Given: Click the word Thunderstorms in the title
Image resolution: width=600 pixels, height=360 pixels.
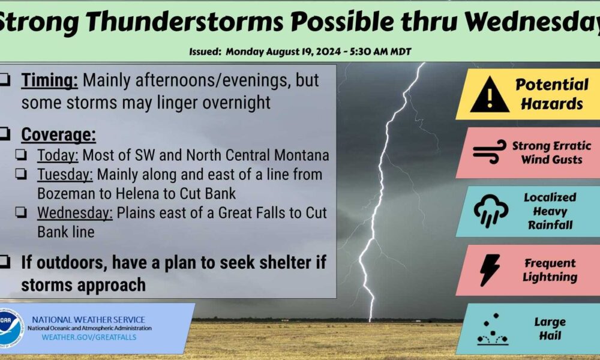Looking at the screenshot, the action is [x=184, y=22].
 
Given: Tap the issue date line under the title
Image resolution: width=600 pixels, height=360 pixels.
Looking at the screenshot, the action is [x=300, y=52].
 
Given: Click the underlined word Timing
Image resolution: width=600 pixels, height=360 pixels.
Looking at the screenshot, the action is [x=49, y=80].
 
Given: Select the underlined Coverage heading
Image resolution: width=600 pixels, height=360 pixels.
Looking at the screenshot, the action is [x=58, y=134].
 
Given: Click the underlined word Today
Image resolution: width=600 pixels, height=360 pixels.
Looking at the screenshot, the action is [x=58, y=155].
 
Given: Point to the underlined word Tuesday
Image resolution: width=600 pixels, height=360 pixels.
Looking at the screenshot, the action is [x=65, y=175].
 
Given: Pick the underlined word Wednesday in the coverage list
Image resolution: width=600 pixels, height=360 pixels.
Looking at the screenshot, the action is [x=75, y=213].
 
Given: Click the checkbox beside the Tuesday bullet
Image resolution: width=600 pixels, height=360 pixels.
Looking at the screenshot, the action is [x=21, y=174].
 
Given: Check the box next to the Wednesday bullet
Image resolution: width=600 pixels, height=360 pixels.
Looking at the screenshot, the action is [x=21, y=212].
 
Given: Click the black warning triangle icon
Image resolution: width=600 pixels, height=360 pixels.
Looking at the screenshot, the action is [x=490, y=94].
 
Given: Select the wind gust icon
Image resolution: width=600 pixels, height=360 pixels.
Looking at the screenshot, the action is [x=490, y=152].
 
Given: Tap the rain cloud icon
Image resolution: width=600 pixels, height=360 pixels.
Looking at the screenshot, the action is [x=491, y=211].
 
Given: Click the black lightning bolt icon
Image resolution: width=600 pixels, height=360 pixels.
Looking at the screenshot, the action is [x=490, y=270].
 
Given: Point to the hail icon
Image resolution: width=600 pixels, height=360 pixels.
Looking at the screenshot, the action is [x=493, y=329].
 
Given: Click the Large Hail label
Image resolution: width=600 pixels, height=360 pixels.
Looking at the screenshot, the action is [x=550, y=329].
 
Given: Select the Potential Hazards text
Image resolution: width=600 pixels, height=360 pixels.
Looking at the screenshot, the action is [x=552, y=94].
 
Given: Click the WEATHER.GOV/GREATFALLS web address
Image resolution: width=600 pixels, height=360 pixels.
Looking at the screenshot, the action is [x=89, y=337].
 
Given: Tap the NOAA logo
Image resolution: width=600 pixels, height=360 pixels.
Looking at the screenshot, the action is [x=10, y=328].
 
